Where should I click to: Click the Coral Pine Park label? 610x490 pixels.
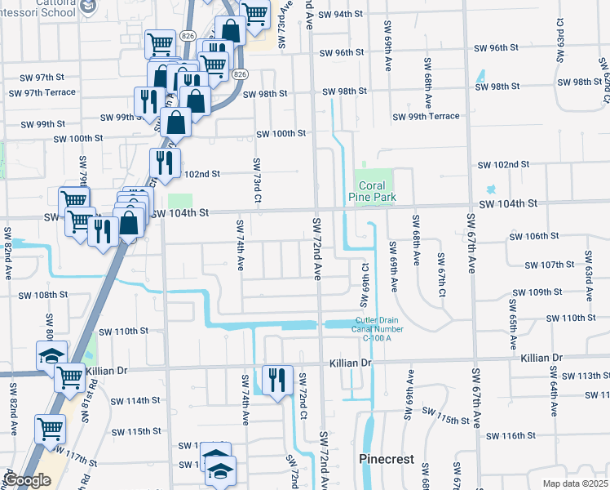(372, 191)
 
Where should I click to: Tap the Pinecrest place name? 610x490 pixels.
(387, 460)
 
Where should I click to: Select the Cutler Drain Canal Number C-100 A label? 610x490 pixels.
(372, 327)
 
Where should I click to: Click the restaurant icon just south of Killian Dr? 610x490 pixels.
(276, 380)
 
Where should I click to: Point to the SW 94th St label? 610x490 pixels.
(341, 15)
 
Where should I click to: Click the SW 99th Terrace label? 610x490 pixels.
(426, 117)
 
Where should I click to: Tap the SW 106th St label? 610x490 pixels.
(533, 236)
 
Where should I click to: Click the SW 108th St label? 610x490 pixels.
(42, 295)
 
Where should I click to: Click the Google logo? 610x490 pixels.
(27, 481)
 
